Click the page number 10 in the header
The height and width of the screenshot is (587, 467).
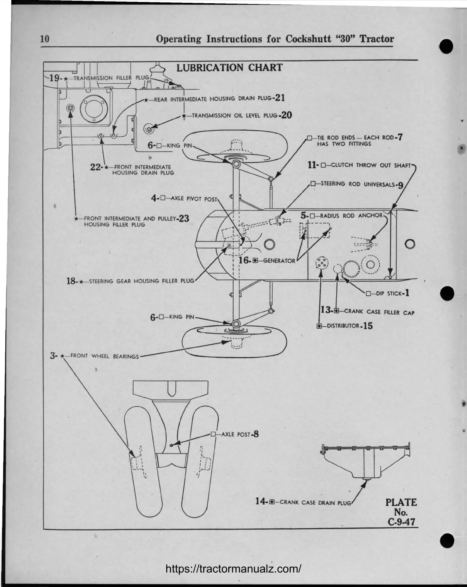(45, 39)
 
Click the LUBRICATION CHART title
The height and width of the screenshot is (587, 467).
(229, 68)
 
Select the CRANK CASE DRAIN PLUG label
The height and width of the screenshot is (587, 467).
(315, 502)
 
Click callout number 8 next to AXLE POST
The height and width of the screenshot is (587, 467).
(255, 434)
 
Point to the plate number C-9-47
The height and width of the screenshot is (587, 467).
(401, 522)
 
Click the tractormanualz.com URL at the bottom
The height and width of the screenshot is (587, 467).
(233, 569)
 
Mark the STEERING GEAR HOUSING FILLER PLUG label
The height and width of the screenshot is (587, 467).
(141, 281)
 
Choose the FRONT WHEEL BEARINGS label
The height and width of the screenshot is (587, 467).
(104, 356)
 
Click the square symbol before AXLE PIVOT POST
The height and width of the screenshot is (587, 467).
(163, 198)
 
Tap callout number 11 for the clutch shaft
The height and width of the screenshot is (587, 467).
(312, 165)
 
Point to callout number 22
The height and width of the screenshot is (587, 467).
(95, 167)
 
